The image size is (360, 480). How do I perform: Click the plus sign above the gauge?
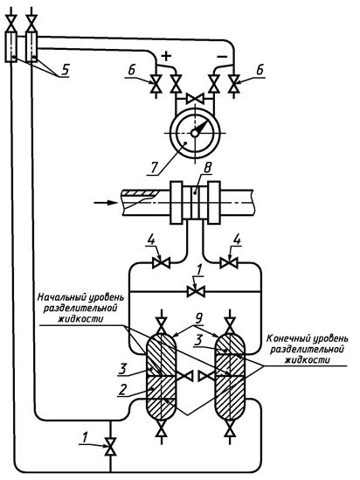click(x=166, y=56)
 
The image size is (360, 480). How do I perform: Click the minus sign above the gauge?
click(x=222, y=56)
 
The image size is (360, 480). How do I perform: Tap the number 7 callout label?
click(x=154, y=168)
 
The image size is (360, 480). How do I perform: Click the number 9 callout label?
click(x=198, y=319)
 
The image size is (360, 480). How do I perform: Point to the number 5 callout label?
click(x=65, y=71)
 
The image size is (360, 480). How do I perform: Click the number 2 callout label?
click(x=122, y=390)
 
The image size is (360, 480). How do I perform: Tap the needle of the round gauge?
click(x=199, y=128)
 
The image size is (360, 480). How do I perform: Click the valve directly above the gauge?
click(x=195, y=99)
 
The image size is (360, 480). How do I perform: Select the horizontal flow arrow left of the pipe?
click(x=105, y=203)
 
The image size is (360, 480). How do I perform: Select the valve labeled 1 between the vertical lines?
click(x=196, y=291)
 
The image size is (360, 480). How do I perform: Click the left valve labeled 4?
click(x=161, y=262)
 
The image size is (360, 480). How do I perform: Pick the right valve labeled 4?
click(x=229, y=262)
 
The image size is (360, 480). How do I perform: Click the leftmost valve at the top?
click(x=11, y=24)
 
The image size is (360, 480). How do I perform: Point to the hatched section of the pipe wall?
click(x=140, y=193)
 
